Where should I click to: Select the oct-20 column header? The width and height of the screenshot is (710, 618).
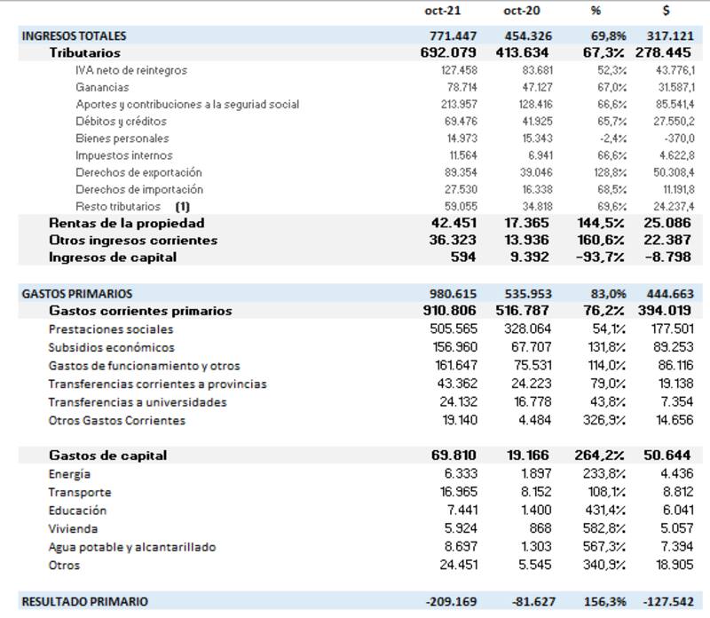click(x=523, y=12)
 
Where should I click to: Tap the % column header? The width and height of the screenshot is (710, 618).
click(x=596, y=12)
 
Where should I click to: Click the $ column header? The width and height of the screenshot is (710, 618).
click(x=666, y=12)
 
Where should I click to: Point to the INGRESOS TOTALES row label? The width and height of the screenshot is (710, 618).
click(x=74, y=36)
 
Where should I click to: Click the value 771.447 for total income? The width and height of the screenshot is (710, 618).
click(x=453, y=36)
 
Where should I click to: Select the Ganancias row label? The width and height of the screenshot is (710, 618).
click(x=102, y=87)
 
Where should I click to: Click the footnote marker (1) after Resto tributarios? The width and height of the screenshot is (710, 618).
click(x=183, y=206)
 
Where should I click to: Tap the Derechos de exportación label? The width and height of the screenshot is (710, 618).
click(x=138, y=172)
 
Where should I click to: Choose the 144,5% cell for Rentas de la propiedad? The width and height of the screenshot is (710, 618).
click(x=604, y=223)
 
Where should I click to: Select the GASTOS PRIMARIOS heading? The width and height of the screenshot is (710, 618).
click(x=76, y=294)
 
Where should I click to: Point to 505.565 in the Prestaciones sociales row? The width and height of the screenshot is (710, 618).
click(x=455, y=329)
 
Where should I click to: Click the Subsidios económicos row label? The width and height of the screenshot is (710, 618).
click(x=111, y=348)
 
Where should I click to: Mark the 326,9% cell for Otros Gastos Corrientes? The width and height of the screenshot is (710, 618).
click(x=607, y=421)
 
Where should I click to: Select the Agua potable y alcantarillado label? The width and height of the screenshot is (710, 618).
click(x=131, y=548)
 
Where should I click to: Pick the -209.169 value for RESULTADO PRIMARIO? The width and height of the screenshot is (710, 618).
click(x=452, y=602)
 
